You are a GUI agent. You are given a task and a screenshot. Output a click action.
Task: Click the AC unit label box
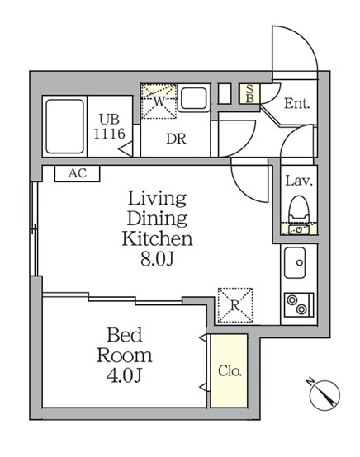coord(78,174)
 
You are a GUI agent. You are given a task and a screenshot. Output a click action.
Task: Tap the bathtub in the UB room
coord(64,126)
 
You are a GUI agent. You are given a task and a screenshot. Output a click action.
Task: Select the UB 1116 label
coord(109,127)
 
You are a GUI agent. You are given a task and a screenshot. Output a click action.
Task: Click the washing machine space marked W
coord(159,101)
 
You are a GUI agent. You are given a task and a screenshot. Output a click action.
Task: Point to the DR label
coord(176,139)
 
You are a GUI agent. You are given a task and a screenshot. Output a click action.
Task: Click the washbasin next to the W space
coord(194,98)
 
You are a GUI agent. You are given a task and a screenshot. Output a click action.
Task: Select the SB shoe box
coord(249,93)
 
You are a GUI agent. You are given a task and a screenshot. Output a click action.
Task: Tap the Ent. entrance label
coord(296,104)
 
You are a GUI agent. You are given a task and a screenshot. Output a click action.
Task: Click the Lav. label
coord(299,181)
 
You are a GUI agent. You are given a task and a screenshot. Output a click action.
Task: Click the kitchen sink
coord(295,262)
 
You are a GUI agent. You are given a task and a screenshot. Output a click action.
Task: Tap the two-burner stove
coord(299,305)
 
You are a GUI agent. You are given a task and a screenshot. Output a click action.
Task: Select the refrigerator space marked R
coord(235,305)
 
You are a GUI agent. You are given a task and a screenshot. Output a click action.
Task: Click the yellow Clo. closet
coord(230,370)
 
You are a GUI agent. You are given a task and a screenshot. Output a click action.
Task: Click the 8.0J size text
coord(158,258)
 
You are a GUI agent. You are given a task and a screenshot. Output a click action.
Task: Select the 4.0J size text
coord(124,375)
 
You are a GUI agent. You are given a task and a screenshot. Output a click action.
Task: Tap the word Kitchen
coord(157,238)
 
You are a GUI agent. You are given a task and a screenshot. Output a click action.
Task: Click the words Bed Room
coord(125,345)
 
